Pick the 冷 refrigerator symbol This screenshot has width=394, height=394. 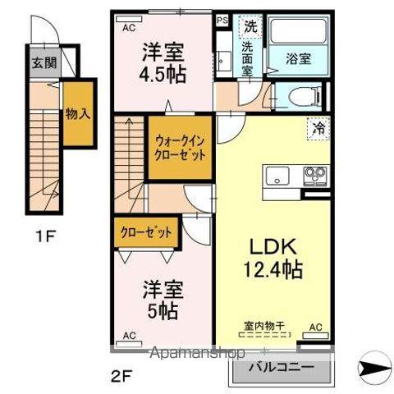click(317, 129)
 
